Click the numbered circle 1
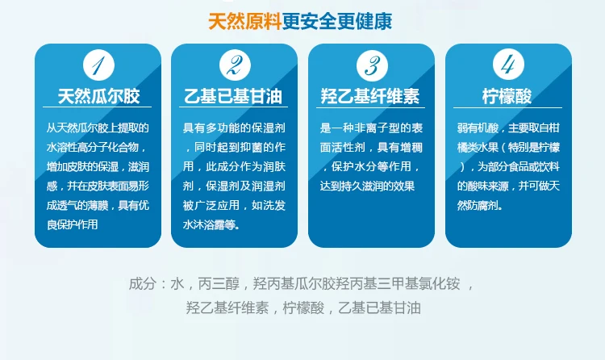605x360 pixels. point(98,65)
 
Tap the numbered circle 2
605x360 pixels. point(235,65)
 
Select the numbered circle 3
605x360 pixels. point(372,65)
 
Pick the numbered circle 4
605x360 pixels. point(508,64)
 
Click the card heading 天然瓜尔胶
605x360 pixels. point(98,96)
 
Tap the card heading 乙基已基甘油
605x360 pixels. point(233,96)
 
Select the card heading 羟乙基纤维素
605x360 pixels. point(370,96)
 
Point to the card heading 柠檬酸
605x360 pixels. point(507,96)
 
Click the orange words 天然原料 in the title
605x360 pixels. point(244,21)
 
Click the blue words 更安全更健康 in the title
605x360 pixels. point(337,21)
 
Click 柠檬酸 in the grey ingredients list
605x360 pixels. point(303,308)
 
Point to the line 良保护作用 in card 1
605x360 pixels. point(72,224)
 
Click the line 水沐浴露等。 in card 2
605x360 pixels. point(211,224)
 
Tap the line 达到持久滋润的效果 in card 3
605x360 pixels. point(367,186)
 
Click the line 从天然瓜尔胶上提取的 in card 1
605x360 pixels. point(98,128)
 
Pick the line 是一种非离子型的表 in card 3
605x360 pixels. point(371,128)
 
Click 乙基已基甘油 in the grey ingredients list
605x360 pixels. point(379,308)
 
